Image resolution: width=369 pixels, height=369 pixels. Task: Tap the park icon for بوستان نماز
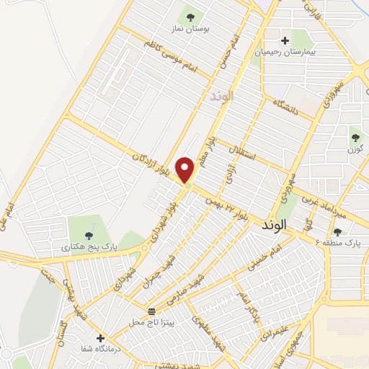[x=191, y=15]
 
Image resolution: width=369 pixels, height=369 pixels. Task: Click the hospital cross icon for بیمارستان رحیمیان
[x=285, y=40]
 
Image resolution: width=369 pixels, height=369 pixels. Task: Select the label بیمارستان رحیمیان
[x=285, y=53]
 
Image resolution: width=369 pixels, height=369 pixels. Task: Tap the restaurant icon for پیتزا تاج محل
[x=151, y=311]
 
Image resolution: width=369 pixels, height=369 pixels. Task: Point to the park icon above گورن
[x=354, y=137]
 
